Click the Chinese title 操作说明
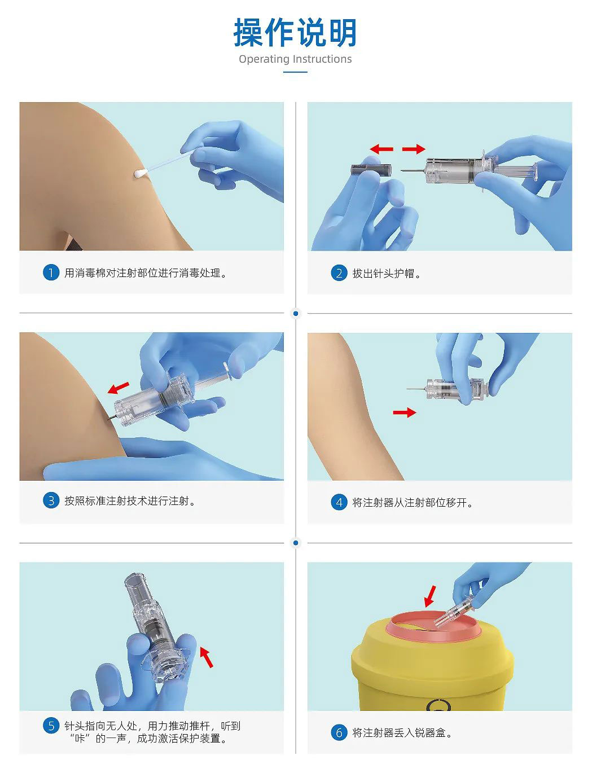tap(295, 33)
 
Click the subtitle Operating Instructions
tap(295, 59)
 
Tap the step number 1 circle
tap(51, 273)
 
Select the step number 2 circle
tap(339, 273)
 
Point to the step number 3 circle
tap(51, 500)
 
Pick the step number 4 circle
tap(339, 502)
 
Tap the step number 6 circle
tap(339, 733)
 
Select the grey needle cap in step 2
tap(371, 169)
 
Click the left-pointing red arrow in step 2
tap(381, 149)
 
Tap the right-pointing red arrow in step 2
tap(414, 149)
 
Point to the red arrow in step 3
tap(118, 388)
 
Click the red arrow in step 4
tap(405, 412)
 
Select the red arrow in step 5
tap(207, 657)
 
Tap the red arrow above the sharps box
tap(430, 596)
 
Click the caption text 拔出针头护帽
tap(384, 273)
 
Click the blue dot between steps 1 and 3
tap(296, 313)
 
